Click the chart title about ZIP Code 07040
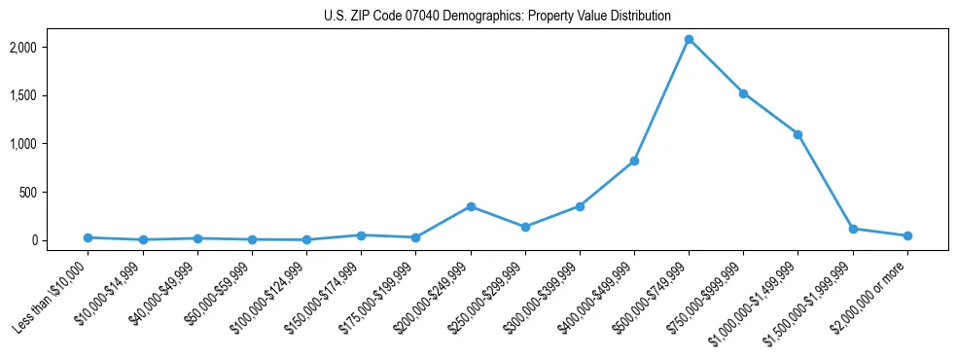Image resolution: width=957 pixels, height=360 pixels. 497,16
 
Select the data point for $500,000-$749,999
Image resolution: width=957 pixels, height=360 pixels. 689,40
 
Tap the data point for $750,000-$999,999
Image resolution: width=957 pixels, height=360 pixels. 743,93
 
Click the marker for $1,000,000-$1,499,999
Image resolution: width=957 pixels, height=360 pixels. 797,134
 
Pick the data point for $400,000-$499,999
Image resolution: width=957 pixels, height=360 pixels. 634,161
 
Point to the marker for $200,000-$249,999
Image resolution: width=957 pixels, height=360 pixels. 471,206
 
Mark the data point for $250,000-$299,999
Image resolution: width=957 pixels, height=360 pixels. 525,227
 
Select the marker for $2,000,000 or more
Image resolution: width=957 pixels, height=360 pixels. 907,235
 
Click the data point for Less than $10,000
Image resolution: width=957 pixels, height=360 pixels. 89,237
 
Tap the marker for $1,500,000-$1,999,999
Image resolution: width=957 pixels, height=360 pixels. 853,229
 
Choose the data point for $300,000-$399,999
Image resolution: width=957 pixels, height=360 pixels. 580,206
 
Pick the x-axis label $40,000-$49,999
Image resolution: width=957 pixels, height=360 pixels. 169,293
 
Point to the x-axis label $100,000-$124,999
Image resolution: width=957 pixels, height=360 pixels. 274,296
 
